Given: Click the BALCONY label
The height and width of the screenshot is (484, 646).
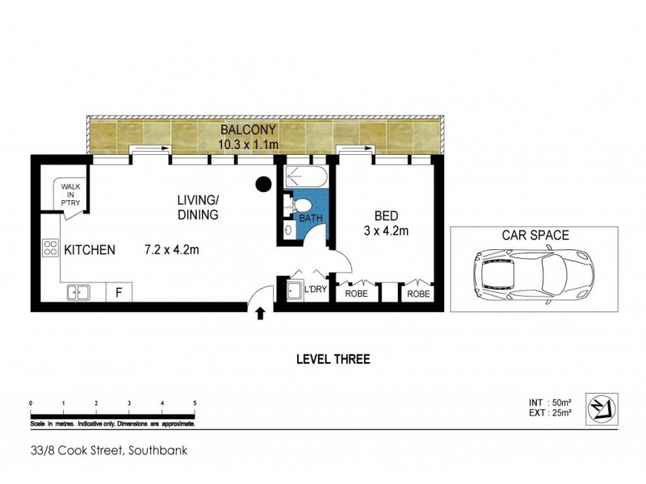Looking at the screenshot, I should pos(248,130).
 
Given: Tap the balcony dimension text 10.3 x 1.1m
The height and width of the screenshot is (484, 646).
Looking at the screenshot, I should pos(248,144).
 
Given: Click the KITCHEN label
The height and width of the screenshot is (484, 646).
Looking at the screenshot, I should pos(89,250).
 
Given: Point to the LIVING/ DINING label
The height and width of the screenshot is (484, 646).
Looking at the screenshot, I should pos(199,207).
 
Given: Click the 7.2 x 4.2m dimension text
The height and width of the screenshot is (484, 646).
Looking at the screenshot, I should pos(172,250).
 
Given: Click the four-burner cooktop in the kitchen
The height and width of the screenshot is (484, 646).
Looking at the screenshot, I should pos(49,248).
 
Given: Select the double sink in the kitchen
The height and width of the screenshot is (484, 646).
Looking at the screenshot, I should pos(78,293).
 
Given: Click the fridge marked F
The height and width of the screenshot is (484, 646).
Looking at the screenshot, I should pos(119,293).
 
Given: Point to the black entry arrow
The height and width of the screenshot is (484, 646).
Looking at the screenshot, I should pos(261,312).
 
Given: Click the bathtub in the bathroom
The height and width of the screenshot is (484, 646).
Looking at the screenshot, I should pos(305,177).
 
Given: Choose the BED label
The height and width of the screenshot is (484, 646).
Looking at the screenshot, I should pos(385,216).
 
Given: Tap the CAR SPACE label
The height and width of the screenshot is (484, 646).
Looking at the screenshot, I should pos(535,236).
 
